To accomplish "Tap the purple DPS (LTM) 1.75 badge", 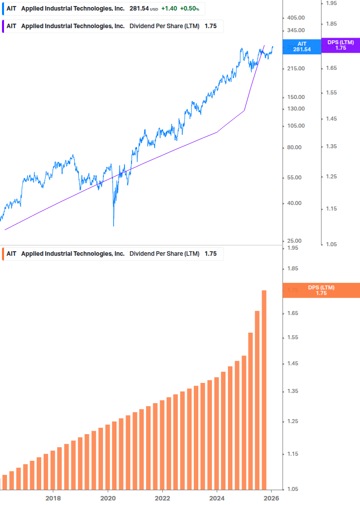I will pyautogui.click(x=340, y=45).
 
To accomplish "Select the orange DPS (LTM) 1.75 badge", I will pyautogui.click(x=321, y=290).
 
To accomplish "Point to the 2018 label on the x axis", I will pyautogui.click(x=53, y=498).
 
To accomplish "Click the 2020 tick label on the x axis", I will pyautogui.click(x=108, y=498).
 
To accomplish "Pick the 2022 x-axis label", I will pyautogui.click(x=162, y=498).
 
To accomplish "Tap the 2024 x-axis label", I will pyautogui.click(x=217, y=498).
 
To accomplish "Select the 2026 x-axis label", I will pyautogui.click(x=271, y=498).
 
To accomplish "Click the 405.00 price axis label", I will pyautogui.click(x=296, y=18).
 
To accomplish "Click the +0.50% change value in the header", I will pyautogui.click(x=190, y=9).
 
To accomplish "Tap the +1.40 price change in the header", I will pyautogui.click(x=169, y=9).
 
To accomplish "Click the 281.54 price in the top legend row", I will pyautogui.click(x=139, y=9).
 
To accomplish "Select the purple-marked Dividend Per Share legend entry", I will pyautogui.click(x=110, y=26).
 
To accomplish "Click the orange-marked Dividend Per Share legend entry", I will pyautogui.click(x=110, y=254).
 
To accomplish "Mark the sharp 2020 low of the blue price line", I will pyautogui.click(x=113, y=226).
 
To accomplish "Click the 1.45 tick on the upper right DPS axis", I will pyautogui.click(x=331, y=119).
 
